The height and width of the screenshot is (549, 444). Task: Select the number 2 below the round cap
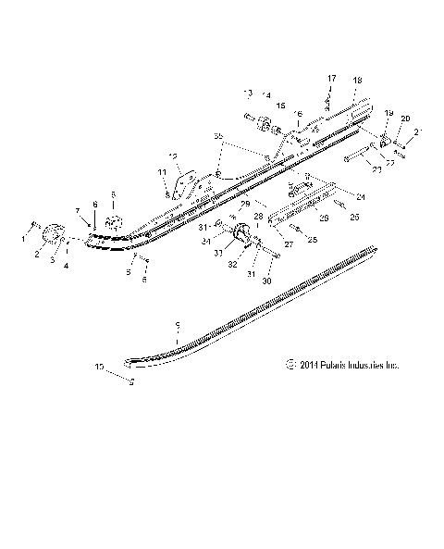pyautogui.click(x=38, y=253)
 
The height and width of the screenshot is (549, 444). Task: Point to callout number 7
pyautogui.click(x=78, y=211)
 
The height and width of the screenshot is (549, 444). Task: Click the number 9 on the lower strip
pyautogui.click(x=178, y=326)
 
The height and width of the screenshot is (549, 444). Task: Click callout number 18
pyautogui.click(x=356, y=82)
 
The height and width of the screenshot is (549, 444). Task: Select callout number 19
pyautogui.click(x=388, y=114)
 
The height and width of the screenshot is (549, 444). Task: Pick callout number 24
pyautogui.click(x=360, y=195)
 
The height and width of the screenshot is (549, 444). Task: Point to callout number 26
pyautogui.click(x=323, y=218)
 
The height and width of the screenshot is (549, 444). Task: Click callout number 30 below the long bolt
pyautogui.click(x=268, y=281)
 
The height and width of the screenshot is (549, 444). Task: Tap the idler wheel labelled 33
pyautogui.click(x=238, y=234)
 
